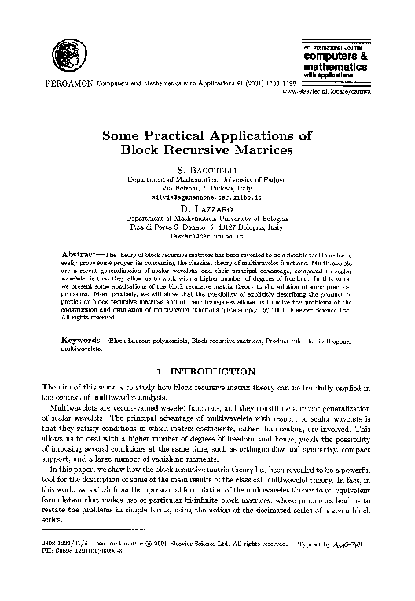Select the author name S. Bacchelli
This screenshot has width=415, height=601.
click(207, 168)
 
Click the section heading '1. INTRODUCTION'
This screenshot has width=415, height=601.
click(207, 370)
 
